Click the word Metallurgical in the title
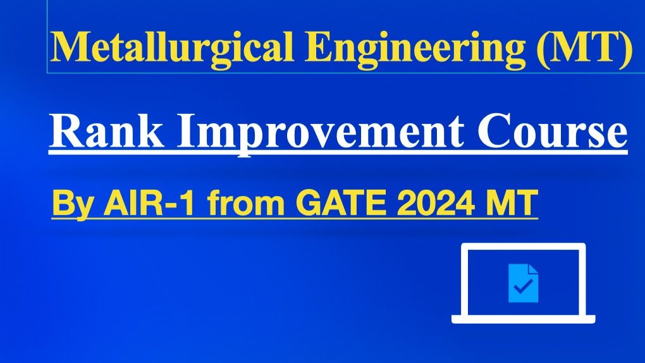[171, 47]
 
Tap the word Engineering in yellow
[415, 47]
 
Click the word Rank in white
[106, 131]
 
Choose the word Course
[552, 131]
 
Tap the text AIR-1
[149, 202]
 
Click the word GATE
[341, 202]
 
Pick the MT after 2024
[512, 202]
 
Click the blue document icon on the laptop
[523, 283]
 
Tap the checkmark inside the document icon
[523, 286]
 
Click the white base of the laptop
[523, 319]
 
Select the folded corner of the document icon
[533, 269]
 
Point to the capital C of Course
[491, 131]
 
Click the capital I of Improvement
[186, 131]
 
